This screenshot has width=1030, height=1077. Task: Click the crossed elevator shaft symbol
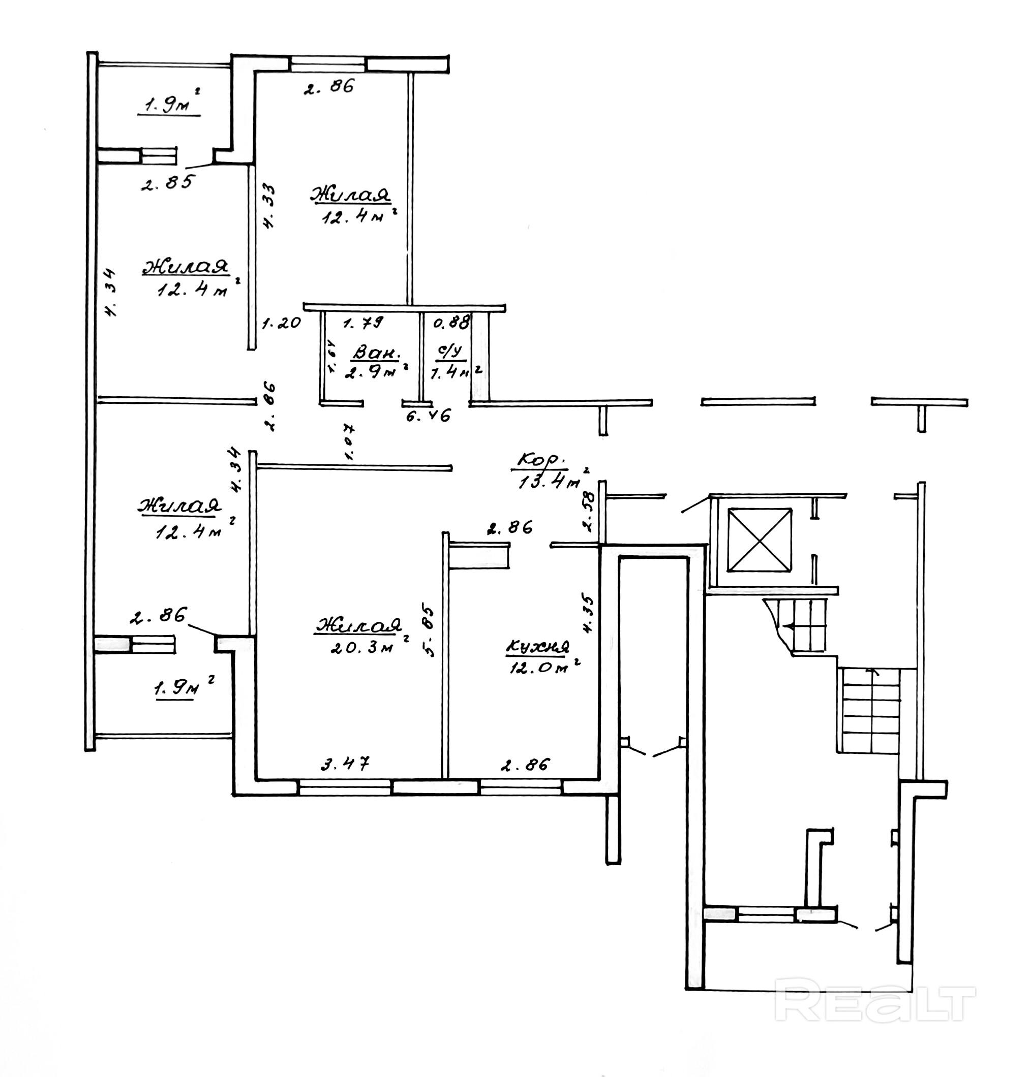tap(760, 540)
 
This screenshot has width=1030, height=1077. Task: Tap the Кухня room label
tap(537, 648)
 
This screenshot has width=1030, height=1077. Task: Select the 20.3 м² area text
tap(362, 648)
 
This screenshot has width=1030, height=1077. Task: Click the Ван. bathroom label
tap(376, 352)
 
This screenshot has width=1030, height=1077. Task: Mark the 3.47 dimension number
tap(345, 763)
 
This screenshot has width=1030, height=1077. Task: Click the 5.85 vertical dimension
tap(429, 631)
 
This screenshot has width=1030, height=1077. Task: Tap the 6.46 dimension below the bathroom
tap(428, 416)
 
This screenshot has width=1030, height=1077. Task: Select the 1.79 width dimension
tap(363, 323)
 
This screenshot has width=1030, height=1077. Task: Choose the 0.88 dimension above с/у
tap(451, 322)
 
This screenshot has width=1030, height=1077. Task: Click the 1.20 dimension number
tap(281, 323)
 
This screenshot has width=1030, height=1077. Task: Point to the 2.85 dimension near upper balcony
tap(167, 183)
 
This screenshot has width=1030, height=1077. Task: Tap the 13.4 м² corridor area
tap(549, 482)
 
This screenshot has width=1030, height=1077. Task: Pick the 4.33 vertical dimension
tap(269, 206)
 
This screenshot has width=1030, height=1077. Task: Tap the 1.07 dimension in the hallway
tap(349, 441)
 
